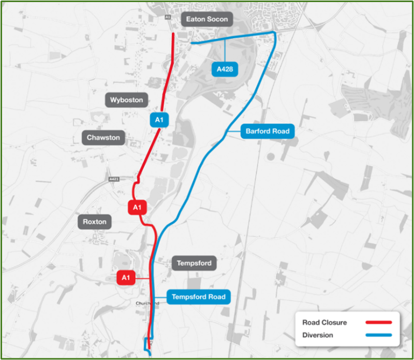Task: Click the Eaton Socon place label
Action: (x=206, y=20)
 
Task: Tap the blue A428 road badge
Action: (x=225, y=69)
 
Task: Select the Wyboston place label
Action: (x=127, y=100)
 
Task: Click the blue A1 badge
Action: (x=159, y=120)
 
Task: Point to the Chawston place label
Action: (x=103, y=138)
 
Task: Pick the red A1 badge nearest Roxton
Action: (x=137, y=208)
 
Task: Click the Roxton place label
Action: (x=95, y=222)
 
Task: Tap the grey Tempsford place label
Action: (x=194, y=263)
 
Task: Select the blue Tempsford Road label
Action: (x=198, y=297)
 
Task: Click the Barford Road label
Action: (x=268, y=131)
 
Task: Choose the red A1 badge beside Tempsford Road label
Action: (x=125, y=278)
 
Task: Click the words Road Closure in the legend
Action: (x=324, y=323)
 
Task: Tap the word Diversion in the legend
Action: (x=318, y=335)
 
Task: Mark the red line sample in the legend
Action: (x=378, y=322)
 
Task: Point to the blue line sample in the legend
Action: (x=378, y=335)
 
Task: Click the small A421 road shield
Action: (x=114, y=179)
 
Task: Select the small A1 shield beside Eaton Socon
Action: (x=168, y=17)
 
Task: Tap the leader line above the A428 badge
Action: (x=225, y=52)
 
